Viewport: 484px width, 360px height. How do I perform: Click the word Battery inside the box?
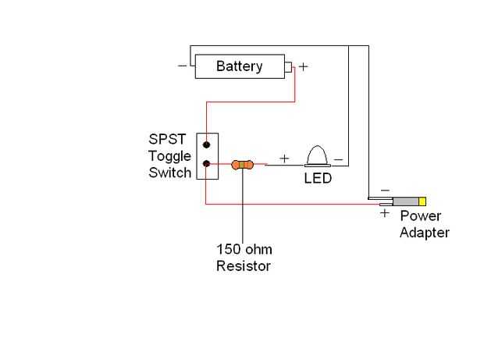239,66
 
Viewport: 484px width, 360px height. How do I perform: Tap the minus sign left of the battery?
182,66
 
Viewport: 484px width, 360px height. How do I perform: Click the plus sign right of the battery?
304,67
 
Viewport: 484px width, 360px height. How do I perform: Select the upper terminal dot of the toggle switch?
206,144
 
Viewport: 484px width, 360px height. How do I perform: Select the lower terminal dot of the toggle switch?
206,163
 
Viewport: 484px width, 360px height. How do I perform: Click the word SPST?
166,141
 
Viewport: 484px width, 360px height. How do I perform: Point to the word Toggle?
170,156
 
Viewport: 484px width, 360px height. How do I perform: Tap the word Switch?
169,172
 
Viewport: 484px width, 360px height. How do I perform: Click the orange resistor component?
243,165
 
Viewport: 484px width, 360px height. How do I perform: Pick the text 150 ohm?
244,251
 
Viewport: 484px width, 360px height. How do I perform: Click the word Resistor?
243,266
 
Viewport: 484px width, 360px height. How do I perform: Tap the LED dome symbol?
318,155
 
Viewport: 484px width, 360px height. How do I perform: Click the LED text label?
318,179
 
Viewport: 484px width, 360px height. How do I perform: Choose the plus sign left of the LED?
284,159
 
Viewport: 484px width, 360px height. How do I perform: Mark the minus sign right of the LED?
338,159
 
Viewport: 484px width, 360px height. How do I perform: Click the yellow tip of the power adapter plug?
422,201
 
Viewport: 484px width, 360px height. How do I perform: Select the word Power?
421,216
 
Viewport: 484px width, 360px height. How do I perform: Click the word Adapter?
424,232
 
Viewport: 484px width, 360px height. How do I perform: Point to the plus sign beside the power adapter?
385,212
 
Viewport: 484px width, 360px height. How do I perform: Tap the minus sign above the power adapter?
384,190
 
